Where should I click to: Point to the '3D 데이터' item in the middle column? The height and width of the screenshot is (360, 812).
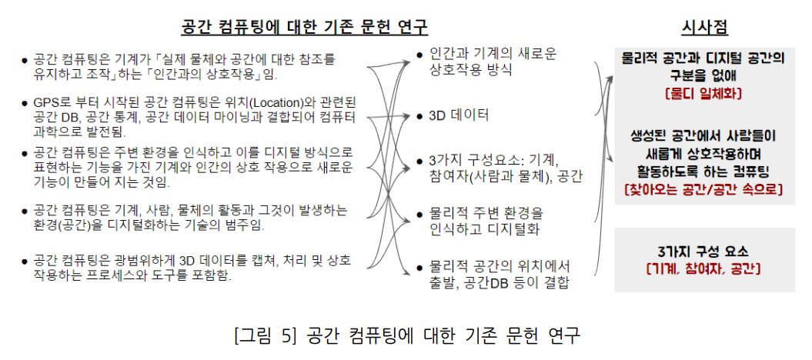(x=459, y=116)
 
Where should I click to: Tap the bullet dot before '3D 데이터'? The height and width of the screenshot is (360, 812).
(x=419, y=117)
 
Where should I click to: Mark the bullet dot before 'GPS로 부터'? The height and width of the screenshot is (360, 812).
(x=26, y=103)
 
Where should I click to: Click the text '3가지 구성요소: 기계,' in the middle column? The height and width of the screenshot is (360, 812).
(x=493, y=161)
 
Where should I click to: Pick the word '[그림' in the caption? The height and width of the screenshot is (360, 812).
(x=254, y=336)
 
